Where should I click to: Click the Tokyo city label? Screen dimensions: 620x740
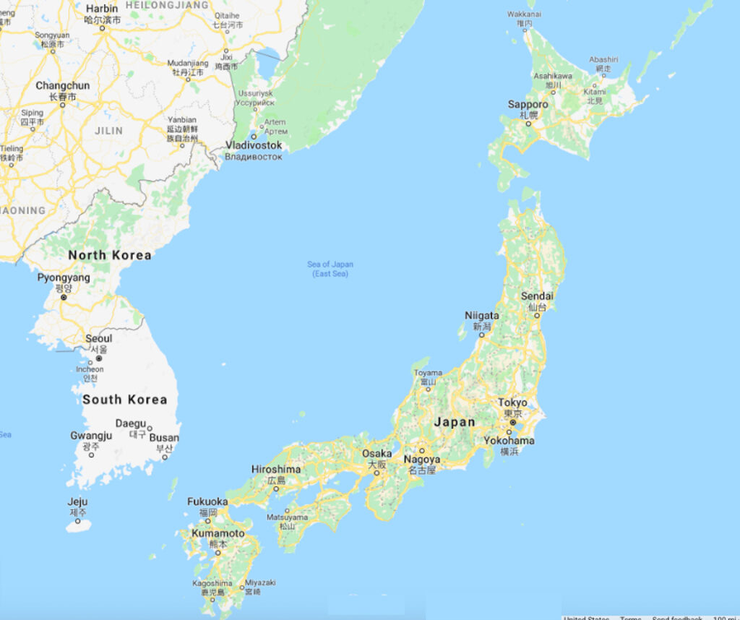[x=512, y=402]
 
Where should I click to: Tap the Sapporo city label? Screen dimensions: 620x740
[x=528, y=105]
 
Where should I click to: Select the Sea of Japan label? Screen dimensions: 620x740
[x=330, y=264]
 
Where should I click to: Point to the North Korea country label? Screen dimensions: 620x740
[x=110, y=255]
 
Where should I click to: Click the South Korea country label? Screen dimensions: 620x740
[x=124, y=400]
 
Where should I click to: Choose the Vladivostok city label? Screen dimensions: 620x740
[x=254, y=145]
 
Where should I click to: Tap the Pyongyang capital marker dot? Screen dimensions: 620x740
[x=64, y=297]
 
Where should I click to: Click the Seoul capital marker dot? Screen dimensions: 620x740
[x=99, y=358]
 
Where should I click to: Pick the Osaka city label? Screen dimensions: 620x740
[x=377, y=454]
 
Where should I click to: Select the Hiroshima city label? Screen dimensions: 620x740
[x=275, y=469]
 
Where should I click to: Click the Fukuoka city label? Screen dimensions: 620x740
[x=207, y=501]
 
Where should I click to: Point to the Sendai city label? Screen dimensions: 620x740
[x=537, y=296]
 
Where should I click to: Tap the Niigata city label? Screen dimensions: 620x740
[x=481, y=316]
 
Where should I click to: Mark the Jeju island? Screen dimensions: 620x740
[x=78, y=525]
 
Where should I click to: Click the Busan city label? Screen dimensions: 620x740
[x=165, y=438]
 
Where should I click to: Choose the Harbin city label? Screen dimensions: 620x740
[x=102, y=9]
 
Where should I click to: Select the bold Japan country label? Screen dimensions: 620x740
[x=455, y=423]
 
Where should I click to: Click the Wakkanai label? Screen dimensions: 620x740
[x=524, y=14]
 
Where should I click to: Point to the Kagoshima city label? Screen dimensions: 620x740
[x=212, y=583]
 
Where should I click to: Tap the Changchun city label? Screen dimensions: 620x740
[x=63, y=86]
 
